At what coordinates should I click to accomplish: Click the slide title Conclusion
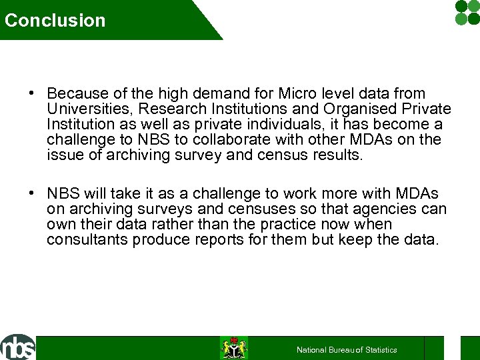coord(55,20)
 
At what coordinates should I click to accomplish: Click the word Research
coord(170,109)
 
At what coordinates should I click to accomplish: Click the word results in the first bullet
coord(336,155)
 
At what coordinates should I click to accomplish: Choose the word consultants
coord(87,240)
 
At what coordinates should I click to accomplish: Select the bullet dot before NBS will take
coord(32,194)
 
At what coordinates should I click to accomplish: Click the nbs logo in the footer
coord(18,347)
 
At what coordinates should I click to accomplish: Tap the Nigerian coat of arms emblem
coord(234,348)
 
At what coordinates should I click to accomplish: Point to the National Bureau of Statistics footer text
coord(347,349)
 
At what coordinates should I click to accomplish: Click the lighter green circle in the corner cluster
coord(461,19)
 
